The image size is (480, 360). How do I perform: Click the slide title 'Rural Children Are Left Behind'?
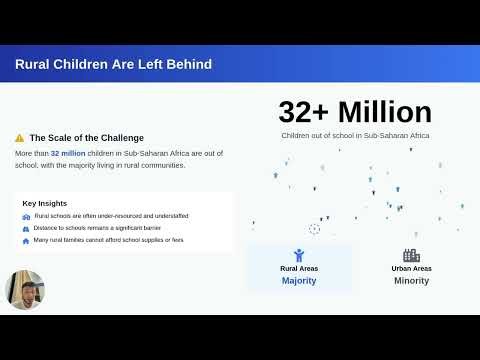[113, 65]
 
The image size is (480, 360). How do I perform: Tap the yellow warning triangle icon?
[20, 138]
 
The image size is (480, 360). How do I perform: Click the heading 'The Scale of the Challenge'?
[86, 138]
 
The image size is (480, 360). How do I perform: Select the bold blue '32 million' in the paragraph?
[68, 154]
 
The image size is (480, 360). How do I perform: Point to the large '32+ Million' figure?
[355, 111]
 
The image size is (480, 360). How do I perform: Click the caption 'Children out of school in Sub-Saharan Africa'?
[355, 134]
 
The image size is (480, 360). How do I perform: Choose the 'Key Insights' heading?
[45, 203]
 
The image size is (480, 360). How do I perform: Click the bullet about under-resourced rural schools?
[111, 216]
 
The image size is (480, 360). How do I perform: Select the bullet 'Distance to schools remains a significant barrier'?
[104, 228]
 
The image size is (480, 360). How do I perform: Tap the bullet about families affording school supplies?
[109, 240]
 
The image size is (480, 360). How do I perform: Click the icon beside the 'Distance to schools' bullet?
[26, 228]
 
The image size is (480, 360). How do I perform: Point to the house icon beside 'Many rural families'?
[26, 240]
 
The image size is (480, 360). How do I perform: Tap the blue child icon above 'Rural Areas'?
[299, 255]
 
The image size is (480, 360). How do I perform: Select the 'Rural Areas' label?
[299, 268]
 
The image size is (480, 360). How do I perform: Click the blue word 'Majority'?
[299, 281]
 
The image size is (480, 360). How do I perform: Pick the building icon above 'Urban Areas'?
[411, 255]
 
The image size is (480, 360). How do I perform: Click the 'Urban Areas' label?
[411, 268]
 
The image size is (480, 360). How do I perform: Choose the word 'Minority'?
[411, 281]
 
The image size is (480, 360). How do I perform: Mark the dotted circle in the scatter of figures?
[315, 229]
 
